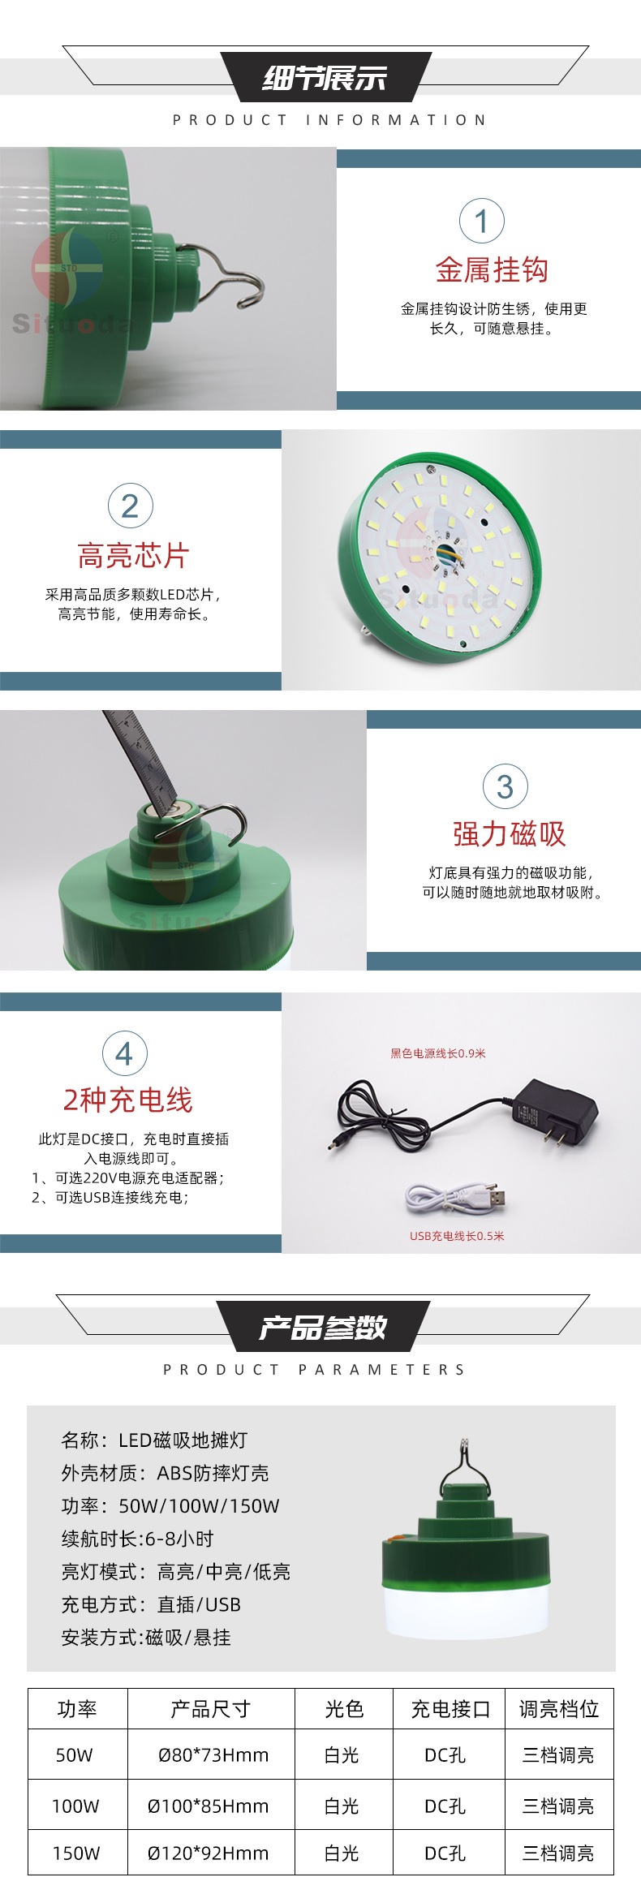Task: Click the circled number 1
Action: pyautogui.click(x=481, y=221)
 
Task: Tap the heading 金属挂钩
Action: pyautogui.click(x=492, y=270)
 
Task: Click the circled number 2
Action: pyautogui.click(x=131, y=506)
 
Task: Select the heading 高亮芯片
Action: pyautogui.click(x=134, y=556)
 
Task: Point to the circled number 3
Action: pyautogui.click(x=505, y=786)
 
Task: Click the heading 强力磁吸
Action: pyautogui.click(x=509, y=834)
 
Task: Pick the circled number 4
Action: pyautogui.click(x=125, y=1053)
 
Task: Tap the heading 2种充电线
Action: pyautogui.click(x=128, y=1100)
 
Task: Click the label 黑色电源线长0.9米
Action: pyautogui.click(x=438, y=1053)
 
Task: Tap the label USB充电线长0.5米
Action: pyautogui.click(x=457, y=1236)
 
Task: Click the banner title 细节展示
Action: pyautogui.click(x=325, y=78)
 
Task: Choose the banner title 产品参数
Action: pyautogui.click(x=323, y=1328)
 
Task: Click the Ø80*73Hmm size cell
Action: pyautogui.click(x=213, y=1755)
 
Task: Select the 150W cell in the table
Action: pyautogui.click(x=76, y=1853)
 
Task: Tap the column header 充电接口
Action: pyautogui.click(x=450, y=1709)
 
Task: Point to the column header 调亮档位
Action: pyautogui.click(x=559, y=1709)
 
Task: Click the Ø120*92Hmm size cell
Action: pyautogui.click(x=208, y=1853)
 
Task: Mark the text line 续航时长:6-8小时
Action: pyautogui.click(x=137, y=1539)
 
